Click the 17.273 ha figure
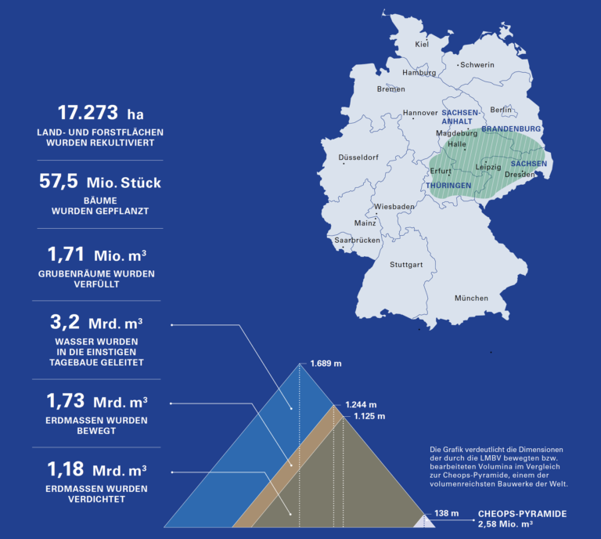coord(100,114)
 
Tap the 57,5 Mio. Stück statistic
coord(100,183)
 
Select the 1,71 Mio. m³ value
coord(100,254)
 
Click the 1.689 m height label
coord(326,364)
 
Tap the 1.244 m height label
coord(361,405)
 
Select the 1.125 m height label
coord(369,417)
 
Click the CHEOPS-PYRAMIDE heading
coord(522,514)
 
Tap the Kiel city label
coord(423,45)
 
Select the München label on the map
coord(471,298)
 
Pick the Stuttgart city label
coord(406,265)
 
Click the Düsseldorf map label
coord(358,157)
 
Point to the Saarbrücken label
coord(357,241)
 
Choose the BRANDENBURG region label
coord(511,128)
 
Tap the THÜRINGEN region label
coord(448,185)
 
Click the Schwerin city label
coord(477,65)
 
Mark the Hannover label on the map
coord(420,113)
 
